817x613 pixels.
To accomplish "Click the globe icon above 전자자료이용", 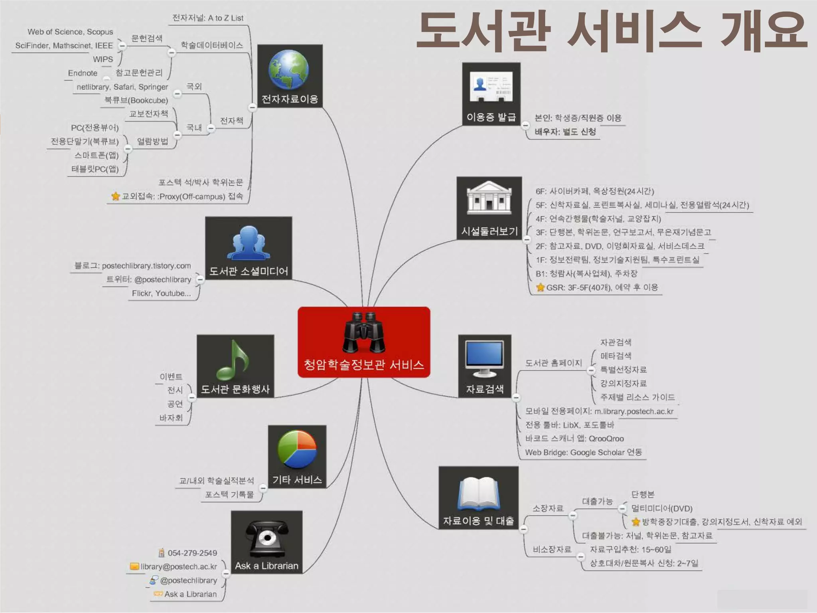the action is (288, 69).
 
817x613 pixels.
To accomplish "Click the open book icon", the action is (478, 494).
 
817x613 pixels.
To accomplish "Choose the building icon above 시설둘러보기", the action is (489, 198).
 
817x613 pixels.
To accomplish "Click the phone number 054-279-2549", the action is (192, 553).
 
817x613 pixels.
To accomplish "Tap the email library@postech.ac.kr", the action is (178, 567).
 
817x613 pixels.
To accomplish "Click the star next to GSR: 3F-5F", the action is (541, 287).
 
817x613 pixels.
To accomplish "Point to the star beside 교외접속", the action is (116, 196).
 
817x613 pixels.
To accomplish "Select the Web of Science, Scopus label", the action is (70, 32).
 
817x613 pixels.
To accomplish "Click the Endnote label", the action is (83, 73).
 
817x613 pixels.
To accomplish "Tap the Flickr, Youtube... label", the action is (161, 293).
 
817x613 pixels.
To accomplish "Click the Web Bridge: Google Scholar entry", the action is (583, 453).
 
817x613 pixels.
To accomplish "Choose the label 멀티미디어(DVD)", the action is (661, 508).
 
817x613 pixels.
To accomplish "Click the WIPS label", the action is (103, 59).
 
